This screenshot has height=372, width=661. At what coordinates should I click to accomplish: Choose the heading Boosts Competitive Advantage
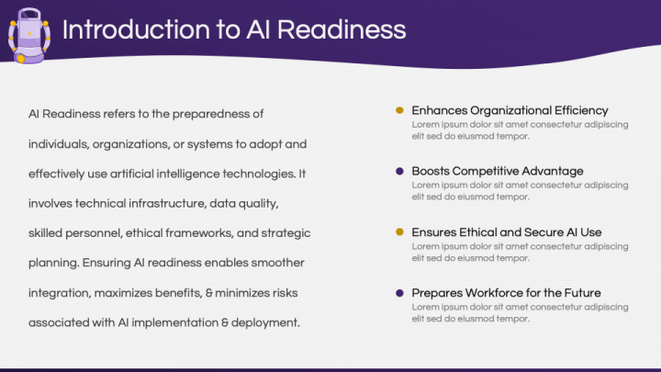pyautogui.click(x=497, y=171)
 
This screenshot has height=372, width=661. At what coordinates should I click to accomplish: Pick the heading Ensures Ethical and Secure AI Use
pyautogui.click(x=507, y=232)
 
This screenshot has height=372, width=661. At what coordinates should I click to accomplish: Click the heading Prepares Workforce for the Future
pyautogui.click(x=506, y=293)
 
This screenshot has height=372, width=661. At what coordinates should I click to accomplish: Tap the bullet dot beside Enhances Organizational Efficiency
pyautogui.click(x=399, y=110)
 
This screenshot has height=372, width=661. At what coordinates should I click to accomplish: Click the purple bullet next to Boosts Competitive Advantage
pyautogui.click(x=399, y=172)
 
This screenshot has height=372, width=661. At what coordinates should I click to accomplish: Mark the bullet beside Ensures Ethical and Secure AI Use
pyautogui.click(x=399, y=232)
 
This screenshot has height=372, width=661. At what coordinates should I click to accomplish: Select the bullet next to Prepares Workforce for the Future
pyautogui.click(x=399, y=293)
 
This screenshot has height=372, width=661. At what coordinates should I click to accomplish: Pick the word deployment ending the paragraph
pyautogui.click(x=265, y=322)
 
